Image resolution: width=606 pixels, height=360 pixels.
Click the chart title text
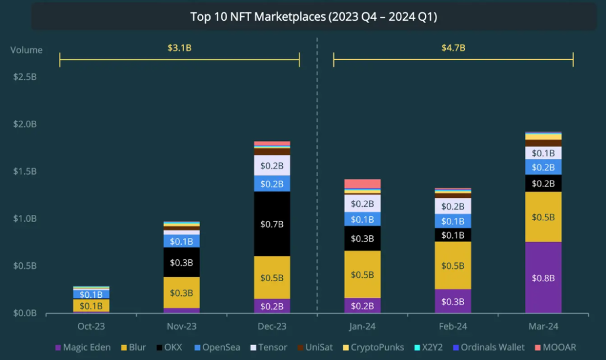coord(314,17)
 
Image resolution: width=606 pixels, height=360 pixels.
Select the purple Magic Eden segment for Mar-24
coord(543,277)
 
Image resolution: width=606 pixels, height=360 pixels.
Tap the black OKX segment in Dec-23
coord(272,224)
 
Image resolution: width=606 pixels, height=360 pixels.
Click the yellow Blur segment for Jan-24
coord(363,274)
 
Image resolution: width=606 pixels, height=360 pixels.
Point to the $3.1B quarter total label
coord(179,47)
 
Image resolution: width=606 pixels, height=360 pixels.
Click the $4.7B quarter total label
coord(453,47)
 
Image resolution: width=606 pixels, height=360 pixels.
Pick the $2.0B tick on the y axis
coord(24,124)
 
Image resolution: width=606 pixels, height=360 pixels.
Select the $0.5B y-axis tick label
coord(24,266)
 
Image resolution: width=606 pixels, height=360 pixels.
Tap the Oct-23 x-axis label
coord(91,326)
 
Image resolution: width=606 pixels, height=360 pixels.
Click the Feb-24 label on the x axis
coord(453,326)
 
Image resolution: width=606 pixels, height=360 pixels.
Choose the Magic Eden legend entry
coord(83,347)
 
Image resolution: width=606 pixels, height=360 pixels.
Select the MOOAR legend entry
coord(555,347)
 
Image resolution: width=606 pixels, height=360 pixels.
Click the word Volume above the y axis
coord(26,50)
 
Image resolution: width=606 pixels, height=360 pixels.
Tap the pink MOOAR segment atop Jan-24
coord(363,184)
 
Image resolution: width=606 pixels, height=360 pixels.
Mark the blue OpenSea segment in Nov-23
coord(182,241)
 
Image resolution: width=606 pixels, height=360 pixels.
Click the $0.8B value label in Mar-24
coord(543,278)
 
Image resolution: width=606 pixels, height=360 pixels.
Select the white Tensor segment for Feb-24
coord(453,205)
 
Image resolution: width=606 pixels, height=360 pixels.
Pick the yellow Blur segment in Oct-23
coord(91,306)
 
